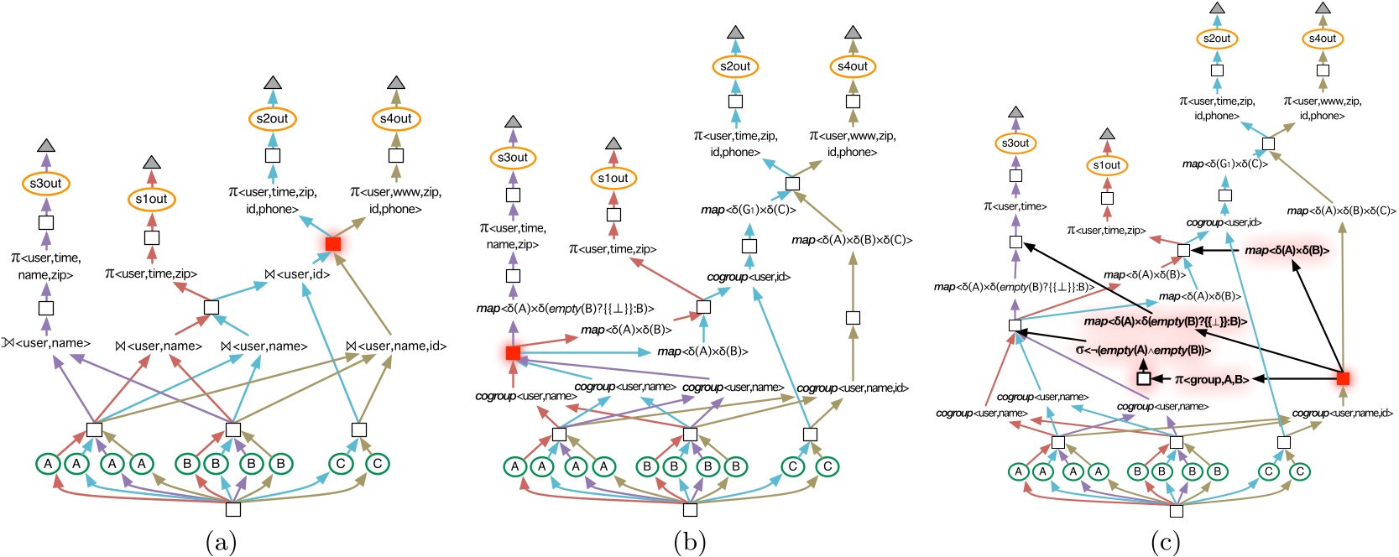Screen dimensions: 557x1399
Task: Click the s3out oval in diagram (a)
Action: click(x=46, y=184)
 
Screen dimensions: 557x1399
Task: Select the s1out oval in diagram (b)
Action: click(x=613, y=178)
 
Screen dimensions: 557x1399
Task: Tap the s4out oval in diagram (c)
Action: click(x=1323, y=39)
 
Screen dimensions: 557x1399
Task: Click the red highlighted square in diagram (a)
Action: click(x=333, y=244)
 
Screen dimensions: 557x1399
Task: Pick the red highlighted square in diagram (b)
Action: click(x=513, y=353)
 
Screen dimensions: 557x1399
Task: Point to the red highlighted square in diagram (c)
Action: click(x=1343, y=378)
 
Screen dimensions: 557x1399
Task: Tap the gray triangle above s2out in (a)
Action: click(x=272, y=83)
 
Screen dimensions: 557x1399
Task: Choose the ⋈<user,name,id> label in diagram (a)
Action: click(x=396, y=346)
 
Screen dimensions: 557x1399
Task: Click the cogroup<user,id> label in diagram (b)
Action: click(x=749, y=277)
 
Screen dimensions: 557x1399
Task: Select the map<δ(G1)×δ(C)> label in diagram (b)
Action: click(x=749, y=210)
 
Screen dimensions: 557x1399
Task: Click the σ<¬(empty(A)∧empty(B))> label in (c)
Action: click(x=1143, y=350)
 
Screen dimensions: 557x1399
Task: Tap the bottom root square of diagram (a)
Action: click(x=233, y=509)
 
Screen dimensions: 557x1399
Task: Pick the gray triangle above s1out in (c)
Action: click(x=1107, y=134)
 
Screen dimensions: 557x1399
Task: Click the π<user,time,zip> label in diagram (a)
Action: click(x=151, y=273)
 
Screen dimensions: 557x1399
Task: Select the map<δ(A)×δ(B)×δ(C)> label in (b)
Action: click(x=852, y=240)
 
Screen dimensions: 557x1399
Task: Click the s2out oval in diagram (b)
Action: click(x=735, y=66)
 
